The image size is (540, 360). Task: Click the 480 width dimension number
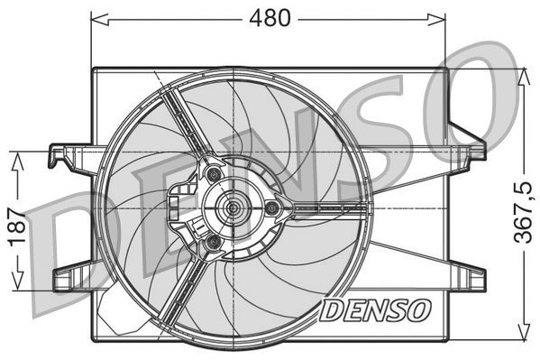coord(270,17)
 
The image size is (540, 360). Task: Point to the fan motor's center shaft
coord(233,208)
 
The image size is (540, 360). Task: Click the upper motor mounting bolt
coord(213,173)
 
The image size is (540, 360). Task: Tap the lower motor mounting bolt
coord(213,244)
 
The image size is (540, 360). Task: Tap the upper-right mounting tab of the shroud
coord(469,144)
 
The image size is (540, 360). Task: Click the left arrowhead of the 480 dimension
coord(96,17)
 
